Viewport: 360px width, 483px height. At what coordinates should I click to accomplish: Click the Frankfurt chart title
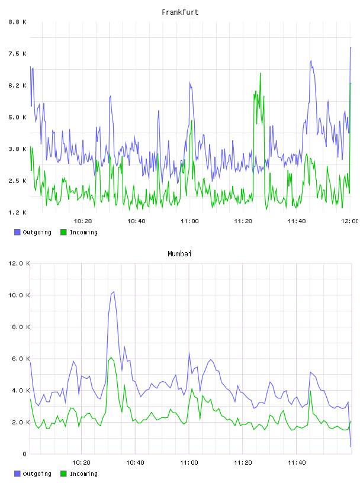tap(180, 12)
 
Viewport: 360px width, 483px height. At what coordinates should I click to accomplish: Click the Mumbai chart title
tap(179, 254)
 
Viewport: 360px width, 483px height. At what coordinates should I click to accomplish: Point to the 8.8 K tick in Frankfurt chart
tap(17, 22)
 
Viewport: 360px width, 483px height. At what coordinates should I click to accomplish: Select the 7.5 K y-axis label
tap(17, 54)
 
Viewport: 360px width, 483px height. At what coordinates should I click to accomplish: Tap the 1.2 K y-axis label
tap(17, 212)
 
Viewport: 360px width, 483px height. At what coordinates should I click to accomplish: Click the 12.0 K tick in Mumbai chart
tap(19, 263)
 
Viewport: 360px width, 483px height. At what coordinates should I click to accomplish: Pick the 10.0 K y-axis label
tap(19, 295)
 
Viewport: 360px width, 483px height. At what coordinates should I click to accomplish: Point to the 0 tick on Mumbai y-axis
tap(25, 454)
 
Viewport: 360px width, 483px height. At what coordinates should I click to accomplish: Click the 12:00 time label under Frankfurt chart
tap(349, 221)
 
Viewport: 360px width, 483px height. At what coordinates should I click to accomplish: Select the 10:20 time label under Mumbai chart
tap(81, 463)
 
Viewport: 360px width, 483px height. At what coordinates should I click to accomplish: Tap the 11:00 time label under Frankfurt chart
tap(189, 221)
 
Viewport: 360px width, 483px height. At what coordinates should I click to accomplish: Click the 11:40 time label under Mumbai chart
tap(297, 463)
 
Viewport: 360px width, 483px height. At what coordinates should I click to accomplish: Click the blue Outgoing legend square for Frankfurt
tap(17, 232)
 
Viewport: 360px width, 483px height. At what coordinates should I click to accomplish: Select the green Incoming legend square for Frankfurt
tap(63, 232)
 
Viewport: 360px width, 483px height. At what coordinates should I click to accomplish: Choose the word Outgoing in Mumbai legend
tap(37, 474)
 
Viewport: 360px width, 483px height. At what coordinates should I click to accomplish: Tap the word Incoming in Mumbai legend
tap(83, 474)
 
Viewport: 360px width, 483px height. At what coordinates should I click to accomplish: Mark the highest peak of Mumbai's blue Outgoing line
tap(114, 291)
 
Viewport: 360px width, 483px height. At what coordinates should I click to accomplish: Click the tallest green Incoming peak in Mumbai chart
tap(111, 358)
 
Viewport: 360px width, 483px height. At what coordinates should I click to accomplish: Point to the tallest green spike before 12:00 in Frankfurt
tap(260, 73)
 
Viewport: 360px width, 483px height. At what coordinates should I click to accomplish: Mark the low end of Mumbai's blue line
tap(351, 447)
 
